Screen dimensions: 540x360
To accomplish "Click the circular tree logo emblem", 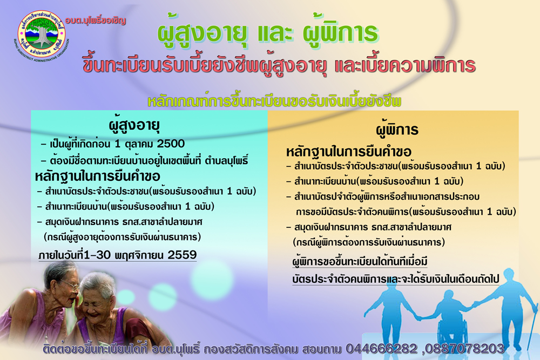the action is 42,34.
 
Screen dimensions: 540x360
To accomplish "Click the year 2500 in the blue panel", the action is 171,144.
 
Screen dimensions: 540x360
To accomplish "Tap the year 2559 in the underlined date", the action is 182,255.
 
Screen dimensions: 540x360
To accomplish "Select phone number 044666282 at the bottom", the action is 382,349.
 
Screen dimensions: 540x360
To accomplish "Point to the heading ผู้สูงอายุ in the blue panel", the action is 134,126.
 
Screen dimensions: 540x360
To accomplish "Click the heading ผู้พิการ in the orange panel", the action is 397,130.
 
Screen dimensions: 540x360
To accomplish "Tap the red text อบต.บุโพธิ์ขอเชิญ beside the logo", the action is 96,21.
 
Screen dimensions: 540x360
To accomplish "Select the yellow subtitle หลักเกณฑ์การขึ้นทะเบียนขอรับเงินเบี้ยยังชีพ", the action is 274,101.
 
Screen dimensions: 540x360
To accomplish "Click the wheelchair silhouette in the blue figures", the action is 451,331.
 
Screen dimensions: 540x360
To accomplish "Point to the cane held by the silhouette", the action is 533,327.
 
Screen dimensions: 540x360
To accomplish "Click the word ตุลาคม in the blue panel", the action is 139,144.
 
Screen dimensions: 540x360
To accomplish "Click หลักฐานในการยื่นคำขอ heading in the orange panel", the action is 349,152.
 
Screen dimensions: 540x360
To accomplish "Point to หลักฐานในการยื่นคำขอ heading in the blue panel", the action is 97,176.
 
